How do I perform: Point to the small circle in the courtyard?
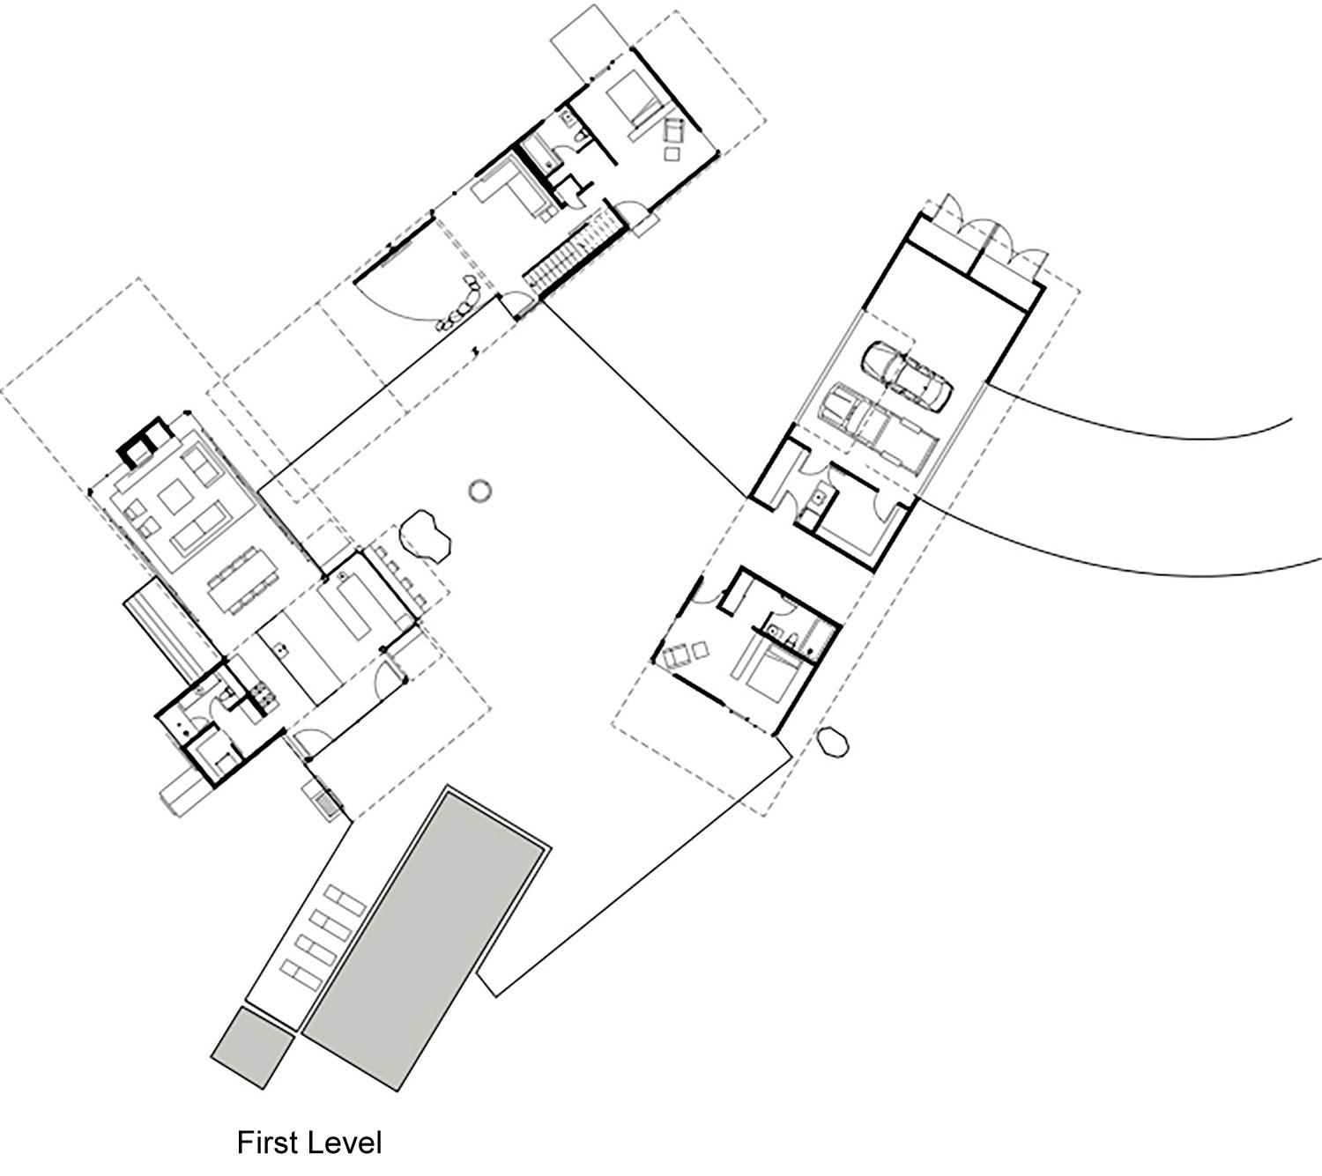480,492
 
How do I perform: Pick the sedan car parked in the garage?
907,376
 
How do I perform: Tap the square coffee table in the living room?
175,497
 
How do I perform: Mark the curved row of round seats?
461,303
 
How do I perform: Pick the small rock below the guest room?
833,742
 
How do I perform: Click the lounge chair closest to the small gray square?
304,974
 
